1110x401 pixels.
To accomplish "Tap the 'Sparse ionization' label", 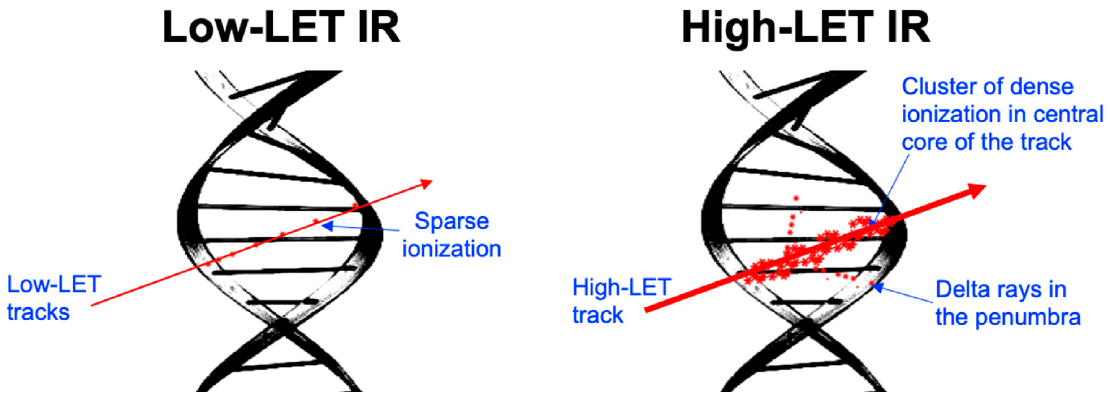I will click(452, 235).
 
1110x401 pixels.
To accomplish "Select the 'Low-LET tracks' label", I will click(54, 298).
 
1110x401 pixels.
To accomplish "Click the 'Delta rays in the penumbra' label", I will click(1007, 303).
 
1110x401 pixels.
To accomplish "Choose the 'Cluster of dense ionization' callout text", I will click(1002, 114).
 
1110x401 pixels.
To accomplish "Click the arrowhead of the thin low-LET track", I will click(427, 183).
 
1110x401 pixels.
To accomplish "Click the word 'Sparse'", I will click(452, 221).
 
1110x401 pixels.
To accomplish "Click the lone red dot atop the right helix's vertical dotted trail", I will click(795, 198).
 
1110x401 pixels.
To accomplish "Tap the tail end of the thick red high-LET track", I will click(646, 309).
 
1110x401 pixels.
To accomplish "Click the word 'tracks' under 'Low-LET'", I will click(38, 312).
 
